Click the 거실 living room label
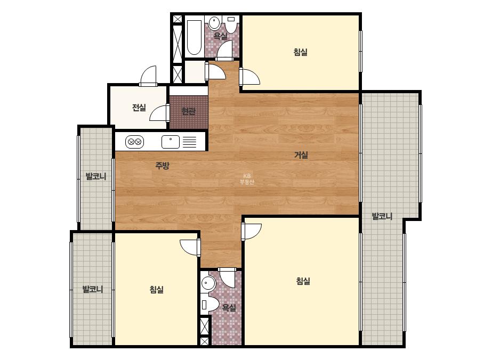pos(301,155)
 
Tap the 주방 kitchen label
pos(162,166)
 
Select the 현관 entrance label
pos(188,111)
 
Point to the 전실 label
pos(139,108)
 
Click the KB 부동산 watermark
pos(247,179)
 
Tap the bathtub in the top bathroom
pos(194,38)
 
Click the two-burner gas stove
pos(135,142)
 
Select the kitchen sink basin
pos(171,142)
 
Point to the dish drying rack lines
pos(190,142)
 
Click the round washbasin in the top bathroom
pos(214,23)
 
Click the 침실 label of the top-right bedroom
pos(300,52)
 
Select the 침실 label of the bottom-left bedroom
pos(156,289)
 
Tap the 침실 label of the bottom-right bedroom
pos(303,281)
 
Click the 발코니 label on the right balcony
pos(382,216)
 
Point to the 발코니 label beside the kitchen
pos(96,176)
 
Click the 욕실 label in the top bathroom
pos(220,36)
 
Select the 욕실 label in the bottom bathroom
pos(229,308)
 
